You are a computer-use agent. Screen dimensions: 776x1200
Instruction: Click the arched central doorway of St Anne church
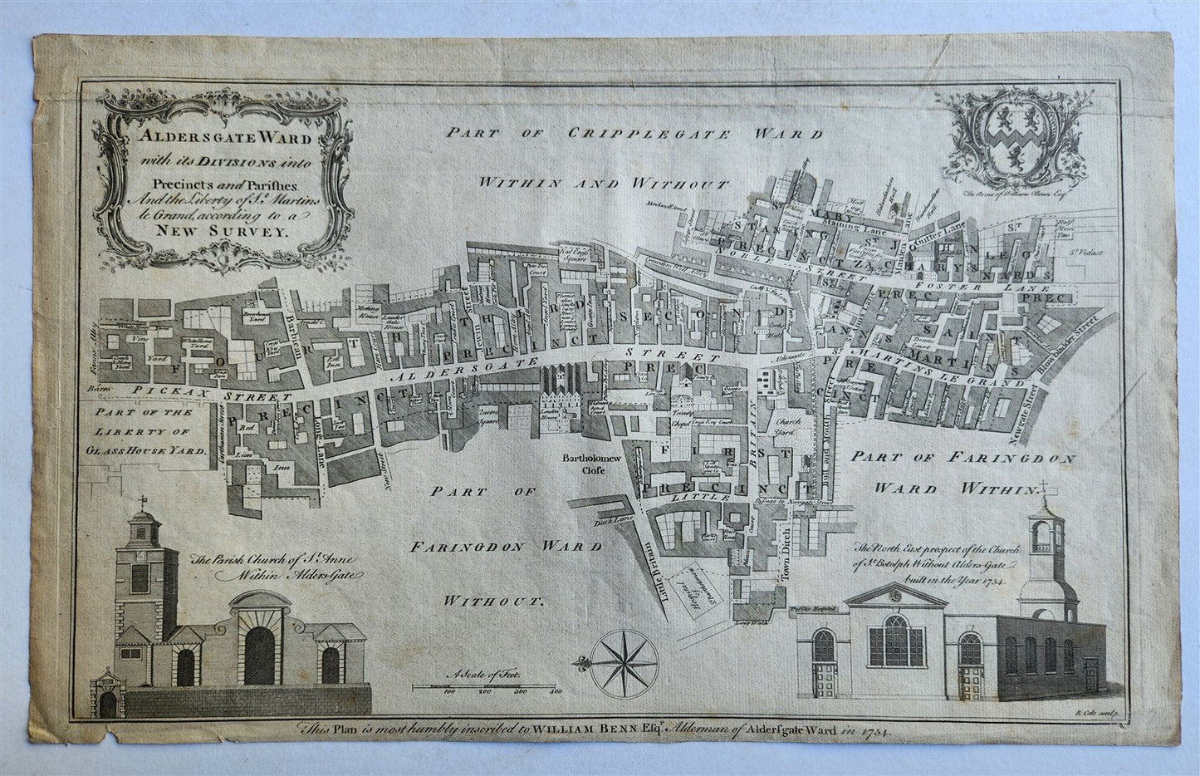[258, 655]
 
